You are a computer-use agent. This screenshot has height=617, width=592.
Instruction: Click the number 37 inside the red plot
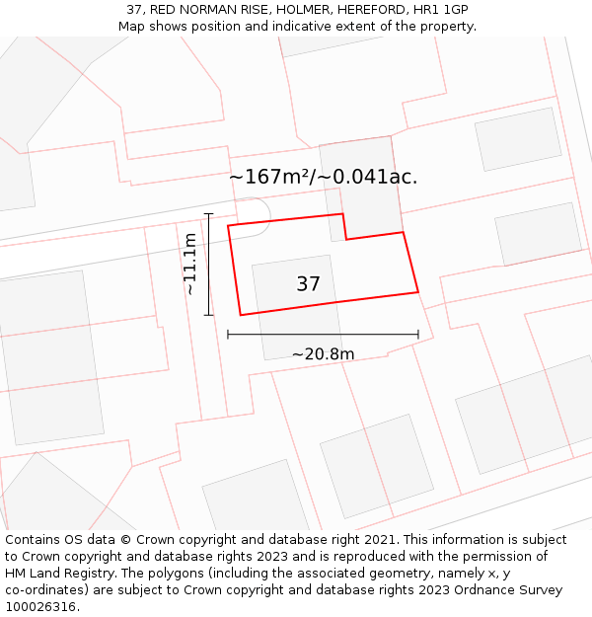point(308,284)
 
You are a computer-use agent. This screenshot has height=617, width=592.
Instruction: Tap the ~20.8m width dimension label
point(323,354)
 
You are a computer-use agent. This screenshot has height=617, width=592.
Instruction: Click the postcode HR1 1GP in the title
point(441,10)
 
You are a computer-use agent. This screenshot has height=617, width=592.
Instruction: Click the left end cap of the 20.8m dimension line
point(228,335)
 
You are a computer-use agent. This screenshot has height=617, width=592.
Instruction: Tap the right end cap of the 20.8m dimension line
point(418,335)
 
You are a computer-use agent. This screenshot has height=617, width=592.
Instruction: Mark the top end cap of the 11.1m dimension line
point(208,213)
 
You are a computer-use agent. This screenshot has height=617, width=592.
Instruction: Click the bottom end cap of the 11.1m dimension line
point(208,315)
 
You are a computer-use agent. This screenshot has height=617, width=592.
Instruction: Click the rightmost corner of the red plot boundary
point(418,292)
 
